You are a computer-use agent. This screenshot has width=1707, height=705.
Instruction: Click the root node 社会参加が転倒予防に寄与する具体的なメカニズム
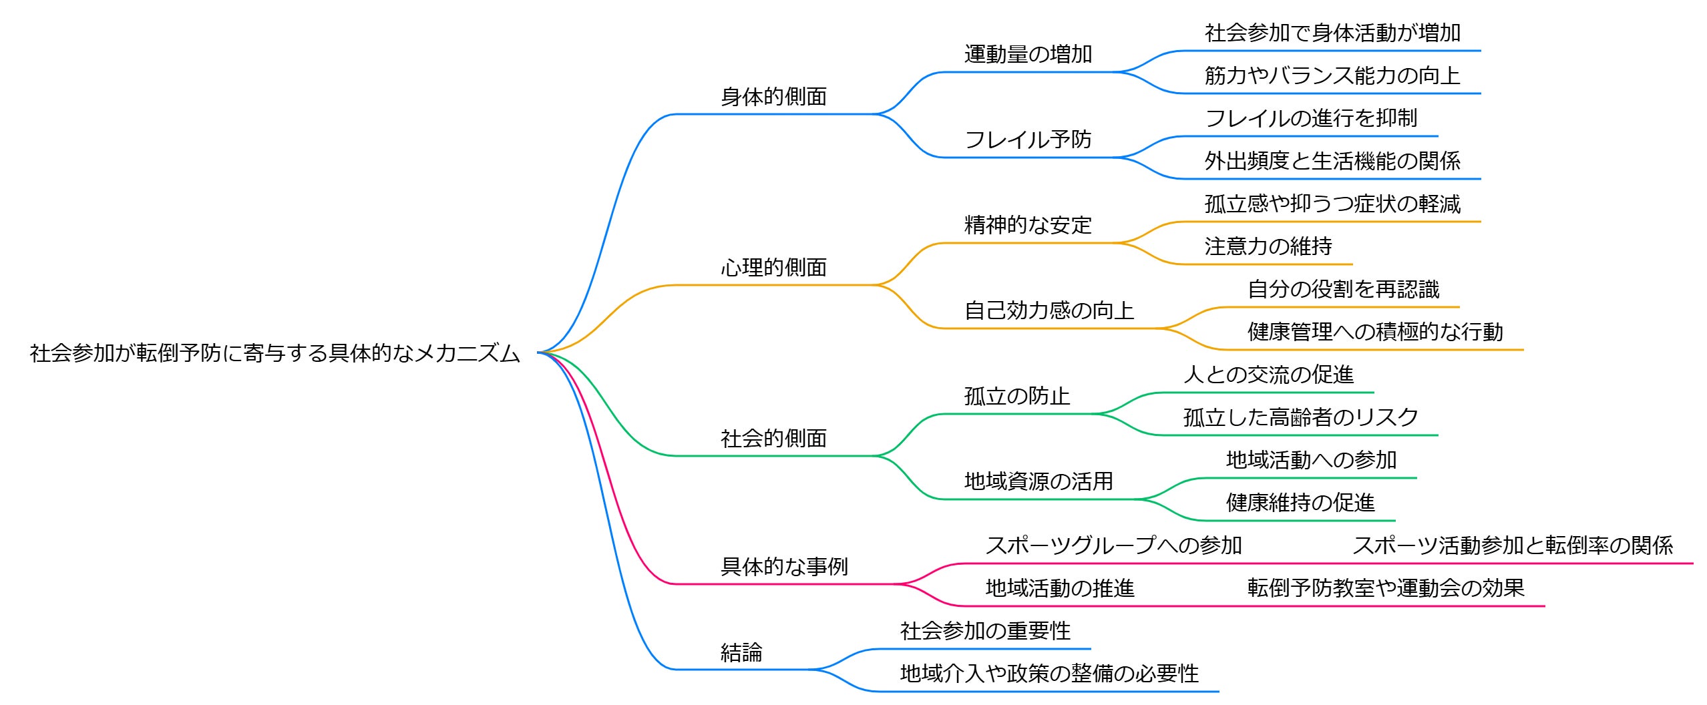click(x=274, y=352)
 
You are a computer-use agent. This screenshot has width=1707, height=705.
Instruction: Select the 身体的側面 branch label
click(x=773, y=97)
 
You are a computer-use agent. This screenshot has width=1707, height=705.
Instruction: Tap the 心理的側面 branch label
click(x=773, y=268)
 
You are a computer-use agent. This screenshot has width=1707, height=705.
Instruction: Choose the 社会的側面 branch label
click(x=773, y=439)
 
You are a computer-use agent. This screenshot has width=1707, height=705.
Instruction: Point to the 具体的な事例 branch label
click(x=784, y=567)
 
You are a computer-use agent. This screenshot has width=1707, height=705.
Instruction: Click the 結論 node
click(x=741, y=652)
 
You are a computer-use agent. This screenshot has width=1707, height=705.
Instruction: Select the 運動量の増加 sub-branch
click(x=1028, y=54)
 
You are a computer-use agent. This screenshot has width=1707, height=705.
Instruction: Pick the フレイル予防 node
click(x=1028, y=140)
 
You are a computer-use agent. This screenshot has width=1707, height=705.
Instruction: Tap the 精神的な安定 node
click(x=1028, y=225)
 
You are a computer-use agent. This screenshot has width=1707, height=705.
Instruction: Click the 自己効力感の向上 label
click(x=1049, y=310)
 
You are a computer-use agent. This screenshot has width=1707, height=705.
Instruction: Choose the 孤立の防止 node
click(x=1017, y=396)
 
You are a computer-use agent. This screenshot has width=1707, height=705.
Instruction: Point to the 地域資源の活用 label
click(x=1038, y=481)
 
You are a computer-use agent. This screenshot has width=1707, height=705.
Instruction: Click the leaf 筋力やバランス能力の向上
click(x=1332, y=75)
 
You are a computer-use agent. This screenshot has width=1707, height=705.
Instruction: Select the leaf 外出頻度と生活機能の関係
click(x=1332, y=161)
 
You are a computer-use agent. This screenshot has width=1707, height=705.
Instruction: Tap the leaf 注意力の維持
click(x=1268, y=246)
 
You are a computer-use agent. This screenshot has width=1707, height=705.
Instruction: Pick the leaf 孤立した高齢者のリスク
click(x=1300, y=417)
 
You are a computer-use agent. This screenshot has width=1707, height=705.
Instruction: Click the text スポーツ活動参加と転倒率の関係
click(x=1513, y=545)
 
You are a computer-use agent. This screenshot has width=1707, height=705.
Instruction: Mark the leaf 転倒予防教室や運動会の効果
click(x=1386, y=588)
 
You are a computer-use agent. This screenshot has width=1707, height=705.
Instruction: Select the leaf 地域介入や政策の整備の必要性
click(x=1049, y=674)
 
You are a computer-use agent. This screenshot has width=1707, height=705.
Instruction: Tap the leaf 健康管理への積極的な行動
click(x=1375, y=332)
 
